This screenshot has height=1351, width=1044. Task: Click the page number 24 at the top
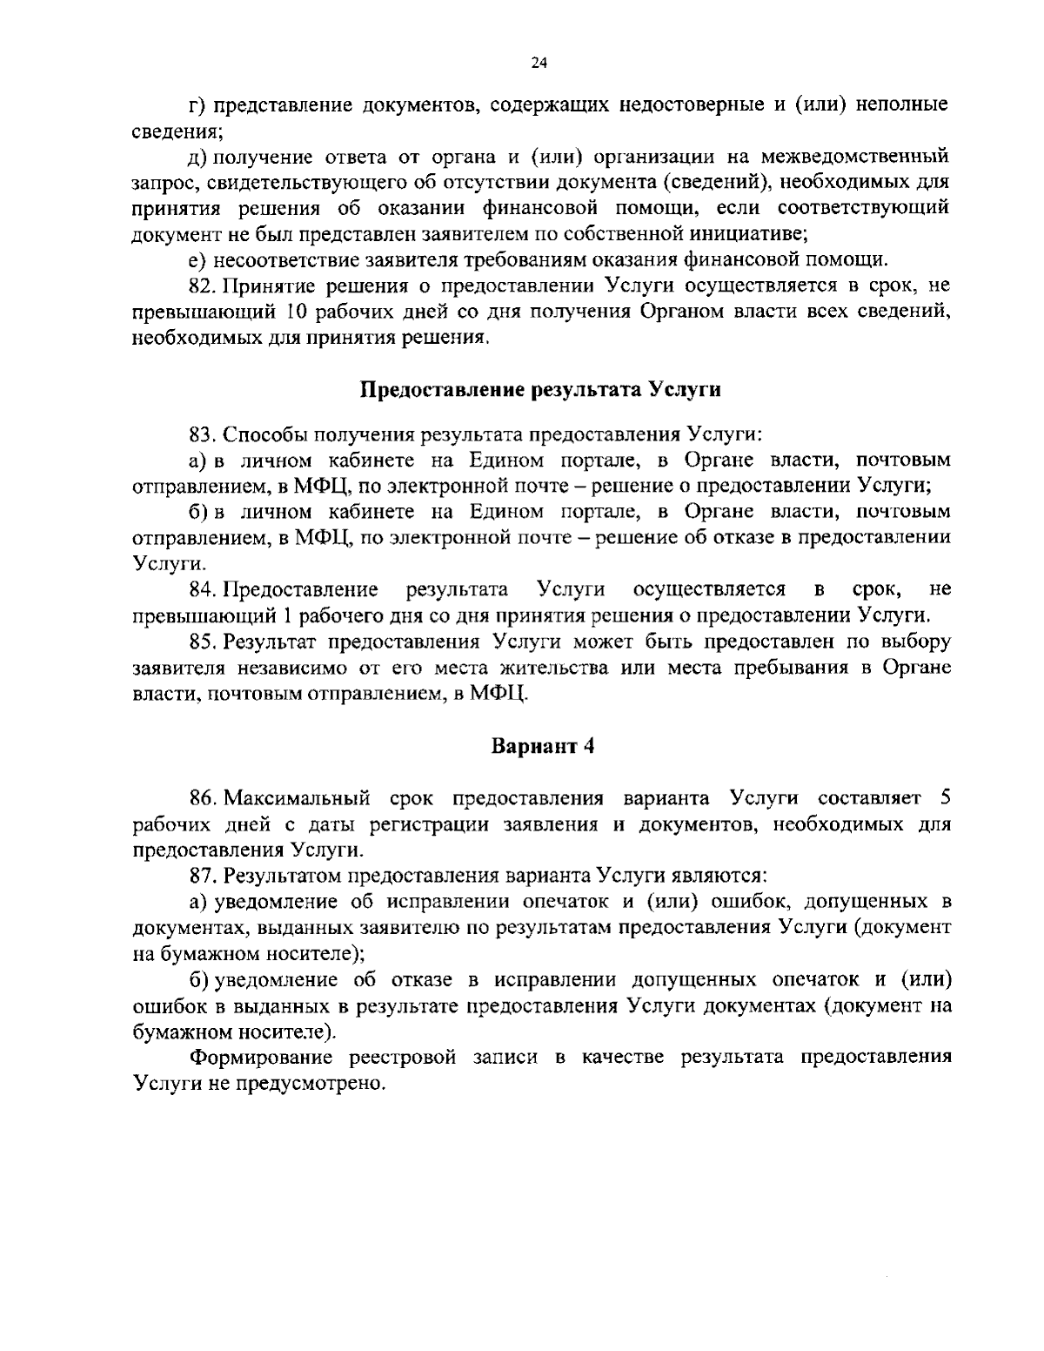[539, 63]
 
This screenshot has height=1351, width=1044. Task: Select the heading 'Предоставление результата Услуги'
[540, 389]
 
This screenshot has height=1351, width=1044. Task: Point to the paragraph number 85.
[202, 642]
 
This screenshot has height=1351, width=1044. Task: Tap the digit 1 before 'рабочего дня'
[285, 616]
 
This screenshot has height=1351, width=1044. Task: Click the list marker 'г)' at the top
[197, 106]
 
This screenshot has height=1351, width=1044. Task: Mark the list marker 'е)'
[197, 260]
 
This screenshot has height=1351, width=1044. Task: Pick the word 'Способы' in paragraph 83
[266, 434]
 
